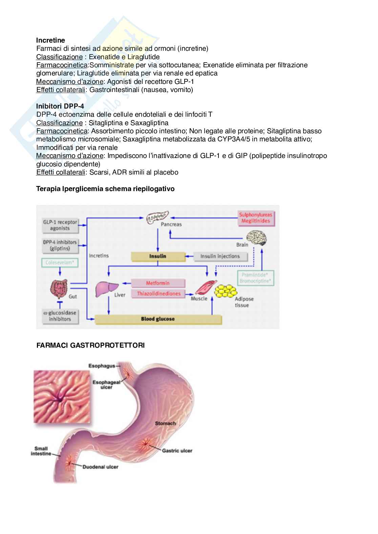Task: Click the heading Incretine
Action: (x=50, y=40)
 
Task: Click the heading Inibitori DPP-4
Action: (x=60, y=106)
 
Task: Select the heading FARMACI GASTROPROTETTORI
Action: (x=90, y=345)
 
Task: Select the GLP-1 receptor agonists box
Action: (x=60, y=225)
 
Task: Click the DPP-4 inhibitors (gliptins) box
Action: (x=60, y=245)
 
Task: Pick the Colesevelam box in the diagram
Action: (x=60, y=263)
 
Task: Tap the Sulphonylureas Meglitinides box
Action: (x=255, y=218)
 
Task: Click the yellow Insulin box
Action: (x=158, y=256)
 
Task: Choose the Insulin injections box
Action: (x=220, y=256)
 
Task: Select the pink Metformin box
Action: (x=158, y=283)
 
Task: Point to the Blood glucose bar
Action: (x=158, y=319)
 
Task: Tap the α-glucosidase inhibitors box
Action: (x=60, y=316)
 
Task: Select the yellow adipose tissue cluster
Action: (x=227, y=290)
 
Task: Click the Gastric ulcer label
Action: (x=177, y=450)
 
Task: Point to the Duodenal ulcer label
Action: (x=100, y=467)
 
